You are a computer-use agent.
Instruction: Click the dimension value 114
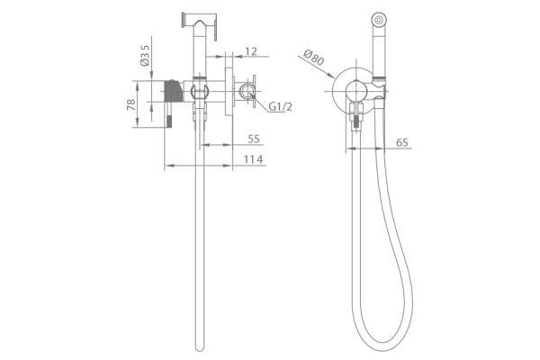pos(254,159)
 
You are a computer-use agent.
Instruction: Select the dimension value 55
pos(254,139)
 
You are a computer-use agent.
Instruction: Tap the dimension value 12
pos(251,51)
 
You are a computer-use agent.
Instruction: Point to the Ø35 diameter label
pos(145,55)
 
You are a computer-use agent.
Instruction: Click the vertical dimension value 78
pos(131,104)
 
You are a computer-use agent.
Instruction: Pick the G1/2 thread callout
pos(280,107)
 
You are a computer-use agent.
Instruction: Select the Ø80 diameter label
pos(314,58)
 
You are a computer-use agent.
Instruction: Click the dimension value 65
pos(402,142)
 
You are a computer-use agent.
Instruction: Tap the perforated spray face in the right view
pos(379,19)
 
